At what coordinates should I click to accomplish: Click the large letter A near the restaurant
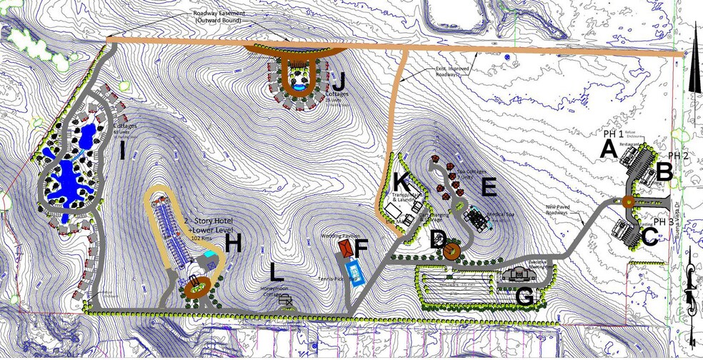pyautogui.click(x=608, y=149)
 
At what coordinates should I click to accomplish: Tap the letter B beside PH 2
pyautogui.click(x=664, y=171)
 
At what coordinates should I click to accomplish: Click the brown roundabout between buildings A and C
pyautogui.click(x=628, y=202)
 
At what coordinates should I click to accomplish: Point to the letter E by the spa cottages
pyautogui.click(x=489, y=186)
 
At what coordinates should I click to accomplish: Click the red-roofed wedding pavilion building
pyautogui.click(x=346, y=247)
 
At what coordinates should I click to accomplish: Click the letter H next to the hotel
pyautogui.click(x=233, y=244)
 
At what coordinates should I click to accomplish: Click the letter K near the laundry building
pyautogui.click(x=400, y=183)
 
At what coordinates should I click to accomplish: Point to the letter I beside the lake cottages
pyautogui.click(x=122, y=151)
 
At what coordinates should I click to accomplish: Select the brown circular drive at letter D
pyautogui.click(x=450, y=251)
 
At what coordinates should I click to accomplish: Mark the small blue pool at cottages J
pyautogui.click(x=299, y=86)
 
